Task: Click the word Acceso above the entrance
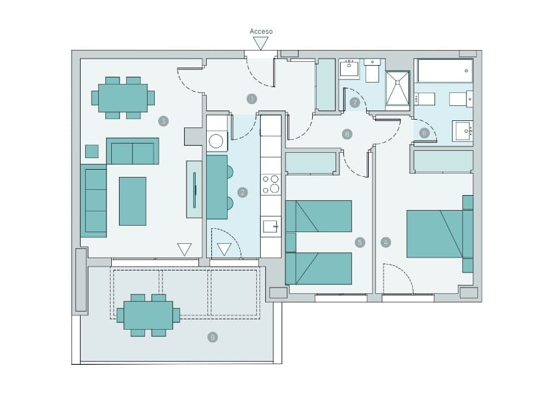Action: tap(261, 31)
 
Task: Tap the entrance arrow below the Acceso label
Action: tap(261, 44)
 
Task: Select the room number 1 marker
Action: tap(252, 99)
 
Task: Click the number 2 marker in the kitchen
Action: tap(243, 192)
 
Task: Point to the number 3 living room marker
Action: tap(163, 121)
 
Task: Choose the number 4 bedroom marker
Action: tap(386, 243)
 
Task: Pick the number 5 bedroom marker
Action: tap(360, 243)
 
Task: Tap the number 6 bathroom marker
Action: tap(424, 133)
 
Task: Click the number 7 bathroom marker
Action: tap(354, 103)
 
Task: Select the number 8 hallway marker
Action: tap(347, 134)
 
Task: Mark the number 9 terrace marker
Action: tap(213, 338)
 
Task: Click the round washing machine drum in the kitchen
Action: tap(216, 141)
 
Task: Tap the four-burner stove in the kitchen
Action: tap(271, 185)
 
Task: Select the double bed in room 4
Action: tap(440, 233)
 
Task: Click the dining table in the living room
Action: tap(123, 98)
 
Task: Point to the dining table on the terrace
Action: tap(148, 315)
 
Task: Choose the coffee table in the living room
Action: tap(133, 201)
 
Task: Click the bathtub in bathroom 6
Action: tap(445, 71)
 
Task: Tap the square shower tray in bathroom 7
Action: tap(397, 88)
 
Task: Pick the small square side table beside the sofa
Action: tap(92, 152)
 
